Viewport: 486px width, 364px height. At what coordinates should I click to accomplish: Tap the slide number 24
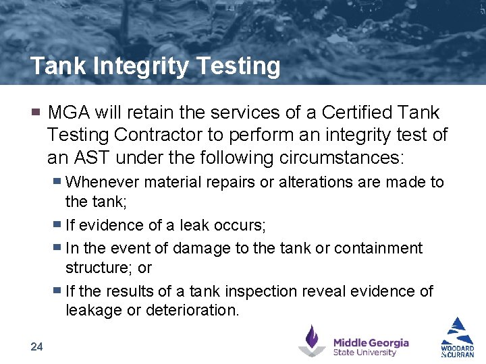[36, 346]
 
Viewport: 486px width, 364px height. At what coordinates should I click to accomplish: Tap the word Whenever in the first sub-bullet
[99, 182]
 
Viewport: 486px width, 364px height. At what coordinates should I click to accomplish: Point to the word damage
[202, 248]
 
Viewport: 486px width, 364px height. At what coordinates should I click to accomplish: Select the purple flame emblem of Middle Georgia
[312, 340]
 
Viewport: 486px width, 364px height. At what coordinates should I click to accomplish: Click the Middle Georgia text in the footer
[371, 342]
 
